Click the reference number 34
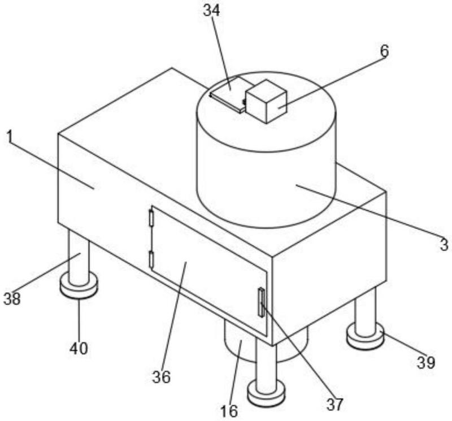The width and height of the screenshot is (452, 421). click(211, 10)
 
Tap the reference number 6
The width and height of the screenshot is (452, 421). click(384, 51)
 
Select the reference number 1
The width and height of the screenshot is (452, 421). click(10, 137)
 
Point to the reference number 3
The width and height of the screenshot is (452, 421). click(444, 244)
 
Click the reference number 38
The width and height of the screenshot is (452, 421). click(12, 298)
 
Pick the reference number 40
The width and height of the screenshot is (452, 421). click(79, 348)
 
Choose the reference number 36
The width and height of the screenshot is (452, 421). click(162, 376)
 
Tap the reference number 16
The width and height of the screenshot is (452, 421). click(229, 411)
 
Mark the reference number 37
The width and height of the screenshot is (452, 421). click(335, 404)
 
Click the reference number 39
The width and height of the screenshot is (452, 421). click(426, 362)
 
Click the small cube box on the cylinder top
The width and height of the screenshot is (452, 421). click(266, 101)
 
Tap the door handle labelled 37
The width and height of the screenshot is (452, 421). click(262, 302)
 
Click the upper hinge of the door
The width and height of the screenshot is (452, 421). click(151, 218)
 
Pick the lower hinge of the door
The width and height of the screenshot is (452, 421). click(151, 259)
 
